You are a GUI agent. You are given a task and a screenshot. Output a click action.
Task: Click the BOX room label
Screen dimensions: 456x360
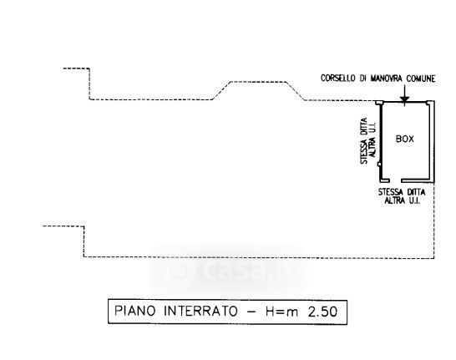pos(404,139)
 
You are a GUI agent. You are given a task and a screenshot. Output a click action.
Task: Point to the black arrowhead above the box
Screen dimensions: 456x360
pos(404,99)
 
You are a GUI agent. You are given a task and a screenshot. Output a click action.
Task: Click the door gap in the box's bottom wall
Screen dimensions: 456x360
pos(395,180)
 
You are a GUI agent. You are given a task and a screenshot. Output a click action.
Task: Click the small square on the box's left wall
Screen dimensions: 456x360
pos(379,165)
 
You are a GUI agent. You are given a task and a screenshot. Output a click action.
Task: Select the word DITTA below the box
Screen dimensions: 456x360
pos(416,192)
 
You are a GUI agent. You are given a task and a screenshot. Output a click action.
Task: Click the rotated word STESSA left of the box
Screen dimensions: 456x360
pos(364,153)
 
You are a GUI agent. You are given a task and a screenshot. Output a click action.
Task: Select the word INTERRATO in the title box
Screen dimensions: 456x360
pos(201,311)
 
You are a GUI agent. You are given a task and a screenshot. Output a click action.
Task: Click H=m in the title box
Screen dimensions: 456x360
pos(281,312)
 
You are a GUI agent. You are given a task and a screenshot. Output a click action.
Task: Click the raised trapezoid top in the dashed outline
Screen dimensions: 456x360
pos(258,82)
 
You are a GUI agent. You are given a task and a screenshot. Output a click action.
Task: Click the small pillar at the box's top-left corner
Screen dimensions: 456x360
pos(379,103)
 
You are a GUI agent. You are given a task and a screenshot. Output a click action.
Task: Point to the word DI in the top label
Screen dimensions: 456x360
pos(362,79)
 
